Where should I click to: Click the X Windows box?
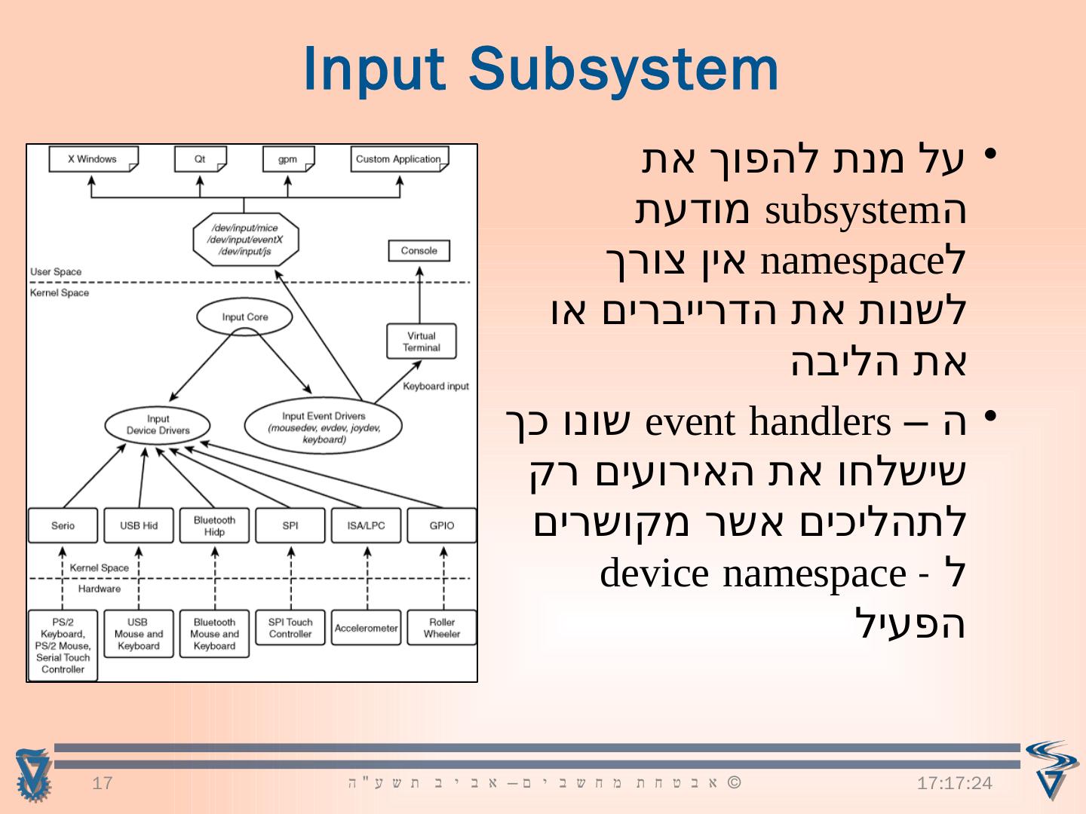[93, 159]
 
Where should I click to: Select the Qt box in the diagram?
[200, 159]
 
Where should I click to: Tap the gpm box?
[287, 159]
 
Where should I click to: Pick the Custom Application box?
[398, 159]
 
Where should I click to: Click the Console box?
[419, 250]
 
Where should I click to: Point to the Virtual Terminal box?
[421, 341]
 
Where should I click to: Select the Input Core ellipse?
[244, 317]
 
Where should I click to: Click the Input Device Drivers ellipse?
[158, 425]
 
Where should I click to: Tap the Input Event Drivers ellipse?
[324, 427]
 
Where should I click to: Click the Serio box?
[63, 525]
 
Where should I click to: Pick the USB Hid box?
[139, 525]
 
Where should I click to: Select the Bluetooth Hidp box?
[214, 525]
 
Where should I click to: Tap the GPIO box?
[442, 525]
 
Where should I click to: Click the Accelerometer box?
[367, 628]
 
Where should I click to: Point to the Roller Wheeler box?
[442, 628]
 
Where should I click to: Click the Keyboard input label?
[435, 386]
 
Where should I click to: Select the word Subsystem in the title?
[623, 69]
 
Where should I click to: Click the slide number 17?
[102, 783]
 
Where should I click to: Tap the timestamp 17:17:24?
[954, 783]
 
